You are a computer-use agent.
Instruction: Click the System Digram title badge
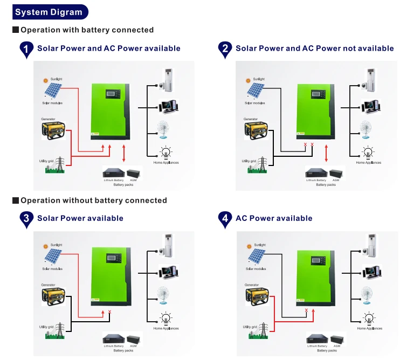pos(49,12)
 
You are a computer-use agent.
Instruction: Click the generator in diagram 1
pos(53,130)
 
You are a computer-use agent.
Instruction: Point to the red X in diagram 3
pos(110,313)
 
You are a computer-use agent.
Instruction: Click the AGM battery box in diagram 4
pos(336,340)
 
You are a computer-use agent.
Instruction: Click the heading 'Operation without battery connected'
pos(93,200)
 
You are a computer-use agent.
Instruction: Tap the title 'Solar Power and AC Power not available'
pos(314,49)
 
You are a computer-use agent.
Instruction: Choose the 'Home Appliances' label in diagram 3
pos(166,328)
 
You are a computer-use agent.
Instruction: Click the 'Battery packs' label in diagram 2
pos(326,184)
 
